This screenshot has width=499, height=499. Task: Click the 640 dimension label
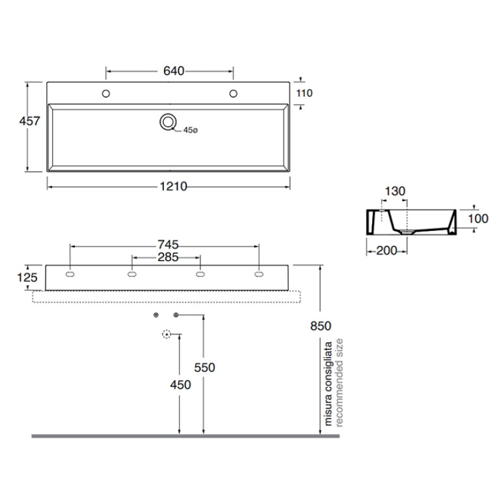(174, 71)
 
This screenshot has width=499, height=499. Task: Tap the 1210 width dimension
(174, 187)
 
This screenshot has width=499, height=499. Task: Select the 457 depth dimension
(29, 121)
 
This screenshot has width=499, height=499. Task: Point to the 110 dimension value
(304, 93)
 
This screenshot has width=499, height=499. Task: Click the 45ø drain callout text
(191, 130)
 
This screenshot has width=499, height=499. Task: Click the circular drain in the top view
(168, 122)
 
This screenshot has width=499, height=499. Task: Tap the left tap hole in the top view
(106, 94)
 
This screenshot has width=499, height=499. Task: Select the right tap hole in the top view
(234, 94)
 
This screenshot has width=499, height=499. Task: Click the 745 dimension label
(168, 245)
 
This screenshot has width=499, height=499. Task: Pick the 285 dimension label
(168, 257)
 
